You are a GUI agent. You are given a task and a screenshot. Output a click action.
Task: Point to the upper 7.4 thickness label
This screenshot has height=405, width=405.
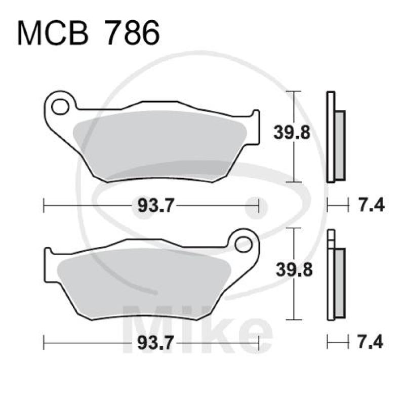tap(372, 206)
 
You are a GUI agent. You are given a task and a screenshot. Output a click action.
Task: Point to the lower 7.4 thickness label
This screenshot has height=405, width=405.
tap(372, 342)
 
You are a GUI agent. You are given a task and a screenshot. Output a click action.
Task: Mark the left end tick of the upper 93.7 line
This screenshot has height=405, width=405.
tap(44, 206)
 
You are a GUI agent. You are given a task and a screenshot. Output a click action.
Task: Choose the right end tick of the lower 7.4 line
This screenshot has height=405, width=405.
tap(349, 342)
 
